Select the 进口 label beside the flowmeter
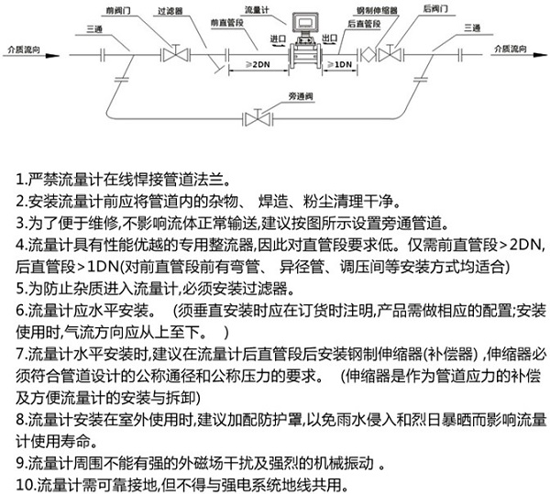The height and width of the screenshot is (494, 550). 279,39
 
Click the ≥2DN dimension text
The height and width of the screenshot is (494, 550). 256,65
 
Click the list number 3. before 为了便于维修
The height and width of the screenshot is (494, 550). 22,223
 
